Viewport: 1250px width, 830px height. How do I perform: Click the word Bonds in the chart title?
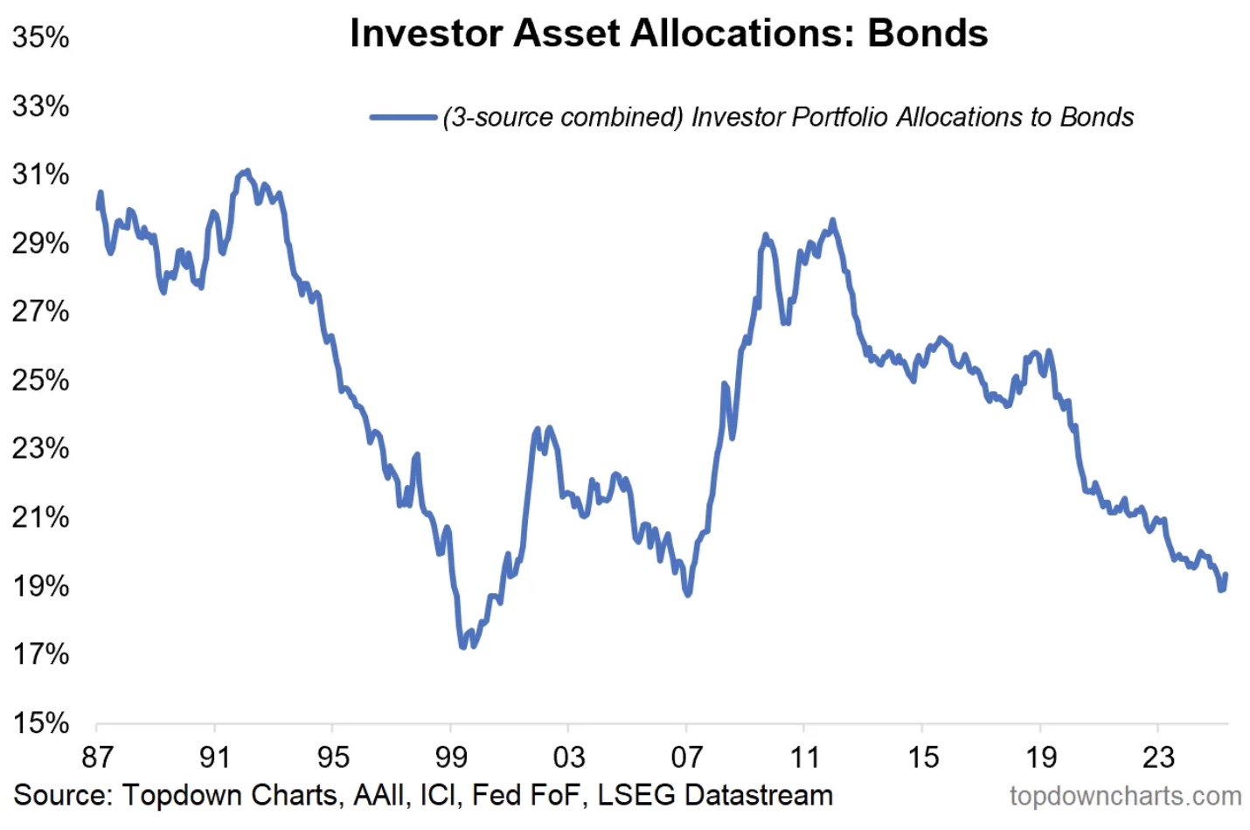pyautogui.click(x=927, y=33)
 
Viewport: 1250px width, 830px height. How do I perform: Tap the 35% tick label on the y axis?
pyautogui.click(x=40, y=38)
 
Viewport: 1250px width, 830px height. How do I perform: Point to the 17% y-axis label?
pyautogui.click(x=40, y=654)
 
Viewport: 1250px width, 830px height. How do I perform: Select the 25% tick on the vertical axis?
pyautogui.click(x=40, y=380)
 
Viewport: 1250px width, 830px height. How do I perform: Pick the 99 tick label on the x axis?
pyautogui.click(x=450, y=757)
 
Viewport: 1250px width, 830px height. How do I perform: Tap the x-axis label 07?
pyautogui.click(x=686, y=757)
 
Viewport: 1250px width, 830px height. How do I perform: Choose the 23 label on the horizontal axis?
pyautogui.click(x=1157, y=757)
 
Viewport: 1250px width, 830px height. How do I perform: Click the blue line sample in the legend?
pyautogui.click(x=403, y=117)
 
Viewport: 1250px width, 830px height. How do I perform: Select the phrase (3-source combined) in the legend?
pyautogui.click(x=563, y=117)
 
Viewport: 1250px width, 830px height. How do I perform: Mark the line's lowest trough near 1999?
pyautogui.click(x=463, y=647)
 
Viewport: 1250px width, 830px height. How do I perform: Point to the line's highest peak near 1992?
pyautogui.click(x=247, y=171)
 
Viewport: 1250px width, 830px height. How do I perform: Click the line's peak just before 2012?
pyautogui.click(x=832, y=220)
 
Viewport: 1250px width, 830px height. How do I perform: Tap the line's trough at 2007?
pyautogui.click(x=688, y=594)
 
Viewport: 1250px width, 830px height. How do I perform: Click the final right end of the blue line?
pyautogui.click(x=1226, y=575)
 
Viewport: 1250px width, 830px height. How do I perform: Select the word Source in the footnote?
pyautogui.click(x=62, y=795)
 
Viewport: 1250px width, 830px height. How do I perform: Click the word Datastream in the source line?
pyautogui.click(x=759, y=795)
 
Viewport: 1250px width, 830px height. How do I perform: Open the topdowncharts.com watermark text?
pyautogui.click(x=1125, y=796)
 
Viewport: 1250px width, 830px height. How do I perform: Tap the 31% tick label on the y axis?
pyautogui.click(x=40, y=175)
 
